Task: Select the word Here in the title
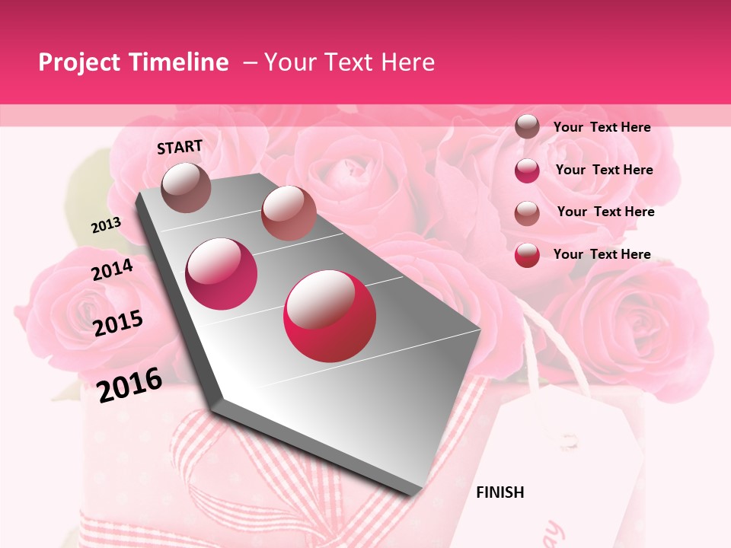click(407, 62)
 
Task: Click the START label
click(180, 147)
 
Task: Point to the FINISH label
click(500, 492)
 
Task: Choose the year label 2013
click(106, 225)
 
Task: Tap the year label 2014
click(112, 269)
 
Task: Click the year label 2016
click(129, 384)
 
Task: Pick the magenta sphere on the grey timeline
click(222, 273)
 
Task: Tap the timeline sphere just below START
click(187, 187)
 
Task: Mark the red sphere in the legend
click(527, 255)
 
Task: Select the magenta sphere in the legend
click(527, 170)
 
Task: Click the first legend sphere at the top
click(527, 126)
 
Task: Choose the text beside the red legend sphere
click(602, 254)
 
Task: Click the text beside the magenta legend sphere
click(604, 170)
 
